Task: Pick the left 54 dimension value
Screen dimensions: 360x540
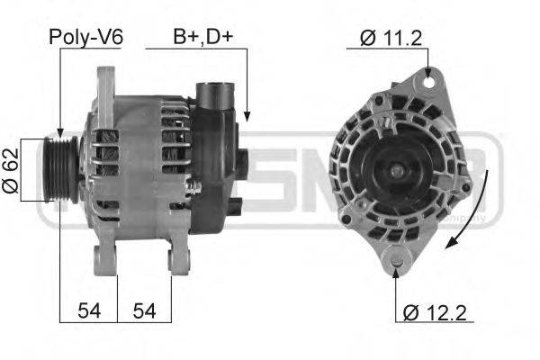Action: pyautogui.click(x=88, y=310)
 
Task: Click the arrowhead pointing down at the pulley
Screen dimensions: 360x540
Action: pyautogui.click(x=59, y=132)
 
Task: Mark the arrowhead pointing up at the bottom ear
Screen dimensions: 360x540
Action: pyautogui.click(x=397, y=273)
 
